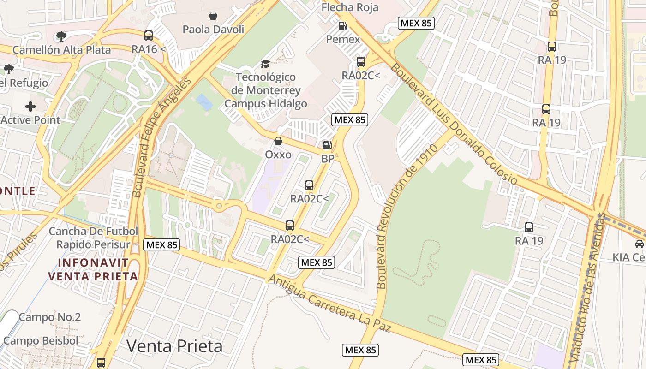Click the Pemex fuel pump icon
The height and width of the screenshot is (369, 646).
point(342,26)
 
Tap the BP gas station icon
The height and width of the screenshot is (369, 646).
point(327,145)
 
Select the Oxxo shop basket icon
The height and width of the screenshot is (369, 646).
point(278,141)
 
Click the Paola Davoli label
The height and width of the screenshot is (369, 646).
point(213,30)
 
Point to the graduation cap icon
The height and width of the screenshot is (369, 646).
point(265,64)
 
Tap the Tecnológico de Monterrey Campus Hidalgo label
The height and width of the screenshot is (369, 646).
point(266,90)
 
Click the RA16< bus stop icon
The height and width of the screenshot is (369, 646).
point(149,36)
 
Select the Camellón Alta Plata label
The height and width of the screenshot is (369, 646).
point(62,50)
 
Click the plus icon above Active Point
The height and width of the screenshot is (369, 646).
point(30,107)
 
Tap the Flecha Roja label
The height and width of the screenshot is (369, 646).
point(350,7)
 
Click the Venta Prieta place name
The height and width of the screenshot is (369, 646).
point(174,346)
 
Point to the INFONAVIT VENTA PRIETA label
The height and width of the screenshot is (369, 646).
point(93,270)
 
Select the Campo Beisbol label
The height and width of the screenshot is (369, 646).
point(41,341)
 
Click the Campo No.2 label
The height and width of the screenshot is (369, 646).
point(50,317)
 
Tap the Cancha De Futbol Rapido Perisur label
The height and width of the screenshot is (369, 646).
point(93,238)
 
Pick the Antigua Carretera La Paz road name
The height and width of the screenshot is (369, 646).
point(329,304)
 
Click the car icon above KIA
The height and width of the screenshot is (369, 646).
point(640,244)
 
